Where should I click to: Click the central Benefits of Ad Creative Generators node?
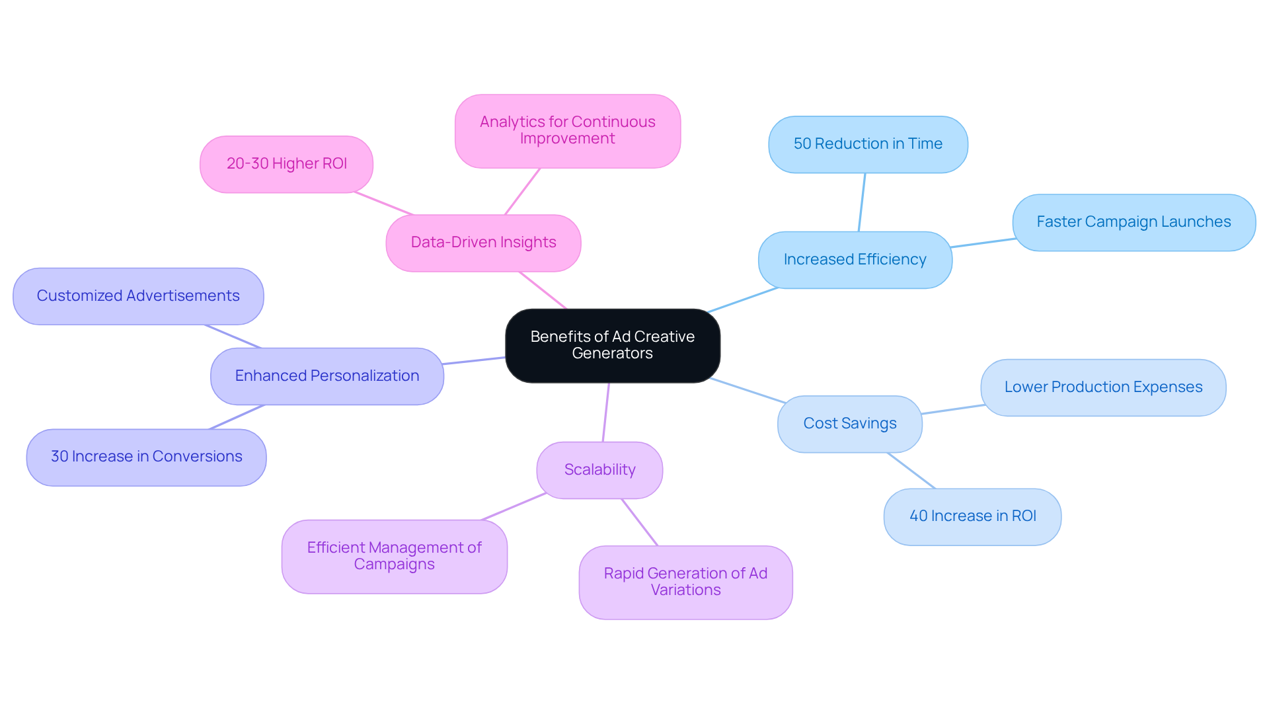coord(612,345)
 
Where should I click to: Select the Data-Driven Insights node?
coord(483,243)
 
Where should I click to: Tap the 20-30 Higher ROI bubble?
coord(286,164)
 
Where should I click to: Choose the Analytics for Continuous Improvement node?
coord(567,131)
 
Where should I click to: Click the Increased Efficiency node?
coord(855,260)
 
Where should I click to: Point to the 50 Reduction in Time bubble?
coord(868,144)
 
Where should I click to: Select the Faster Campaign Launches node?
coord(1134,222)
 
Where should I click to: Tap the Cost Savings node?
coord(849,424)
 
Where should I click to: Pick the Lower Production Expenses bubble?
coord(1103,387)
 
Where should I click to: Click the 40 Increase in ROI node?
coord(972,516)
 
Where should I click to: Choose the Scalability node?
coord(599,470)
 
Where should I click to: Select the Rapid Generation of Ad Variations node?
coord(685,582)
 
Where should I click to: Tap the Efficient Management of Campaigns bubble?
coord(394,556)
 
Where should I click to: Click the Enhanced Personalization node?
coord(327,376)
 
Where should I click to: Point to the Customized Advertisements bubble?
coord(138,296)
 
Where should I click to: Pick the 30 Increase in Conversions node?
coord(146,457)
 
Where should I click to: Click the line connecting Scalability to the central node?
coord(606,412)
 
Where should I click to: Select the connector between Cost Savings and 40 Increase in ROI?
coord(911,471)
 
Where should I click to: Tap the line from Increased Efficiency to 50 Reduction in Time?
coord(862,202)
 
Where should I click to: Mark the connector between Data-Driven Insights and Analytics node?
coord(522,192)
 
